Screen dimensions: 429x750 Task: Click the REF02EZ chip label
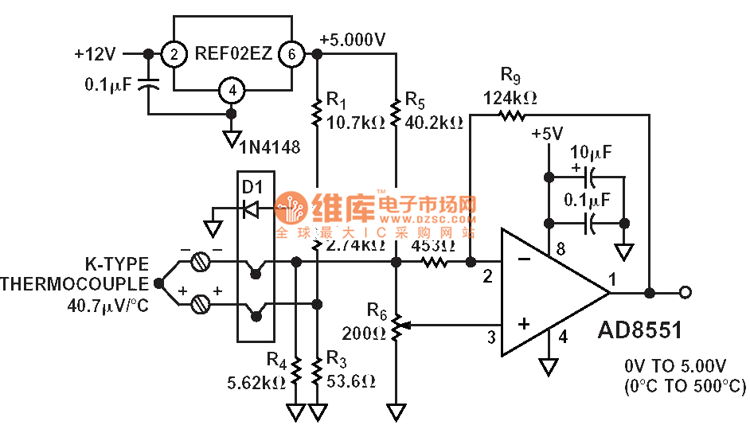point(233,54)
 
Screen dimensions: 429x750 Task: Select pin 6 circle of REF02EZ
point(291,54)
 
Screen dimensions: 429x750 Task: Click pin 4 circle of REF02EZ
point(232,91)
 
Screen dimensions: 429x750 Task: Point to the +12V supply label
point(95,54)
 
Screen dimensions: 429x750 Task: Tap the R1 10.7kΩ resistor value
point(356,123)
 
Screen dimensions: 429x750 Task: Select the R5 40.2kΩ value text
point(434,123)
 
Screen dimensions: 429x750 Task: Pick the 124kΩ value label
point(510,98)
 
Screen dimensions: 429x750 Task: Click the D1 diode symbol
point(251,210)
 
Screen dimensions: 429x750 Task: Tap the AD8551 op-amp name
point(639,330)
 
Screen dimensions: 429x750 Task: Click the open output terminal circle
point(686,293)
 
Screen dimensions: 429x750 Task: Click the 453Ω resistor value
point(433,245)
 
